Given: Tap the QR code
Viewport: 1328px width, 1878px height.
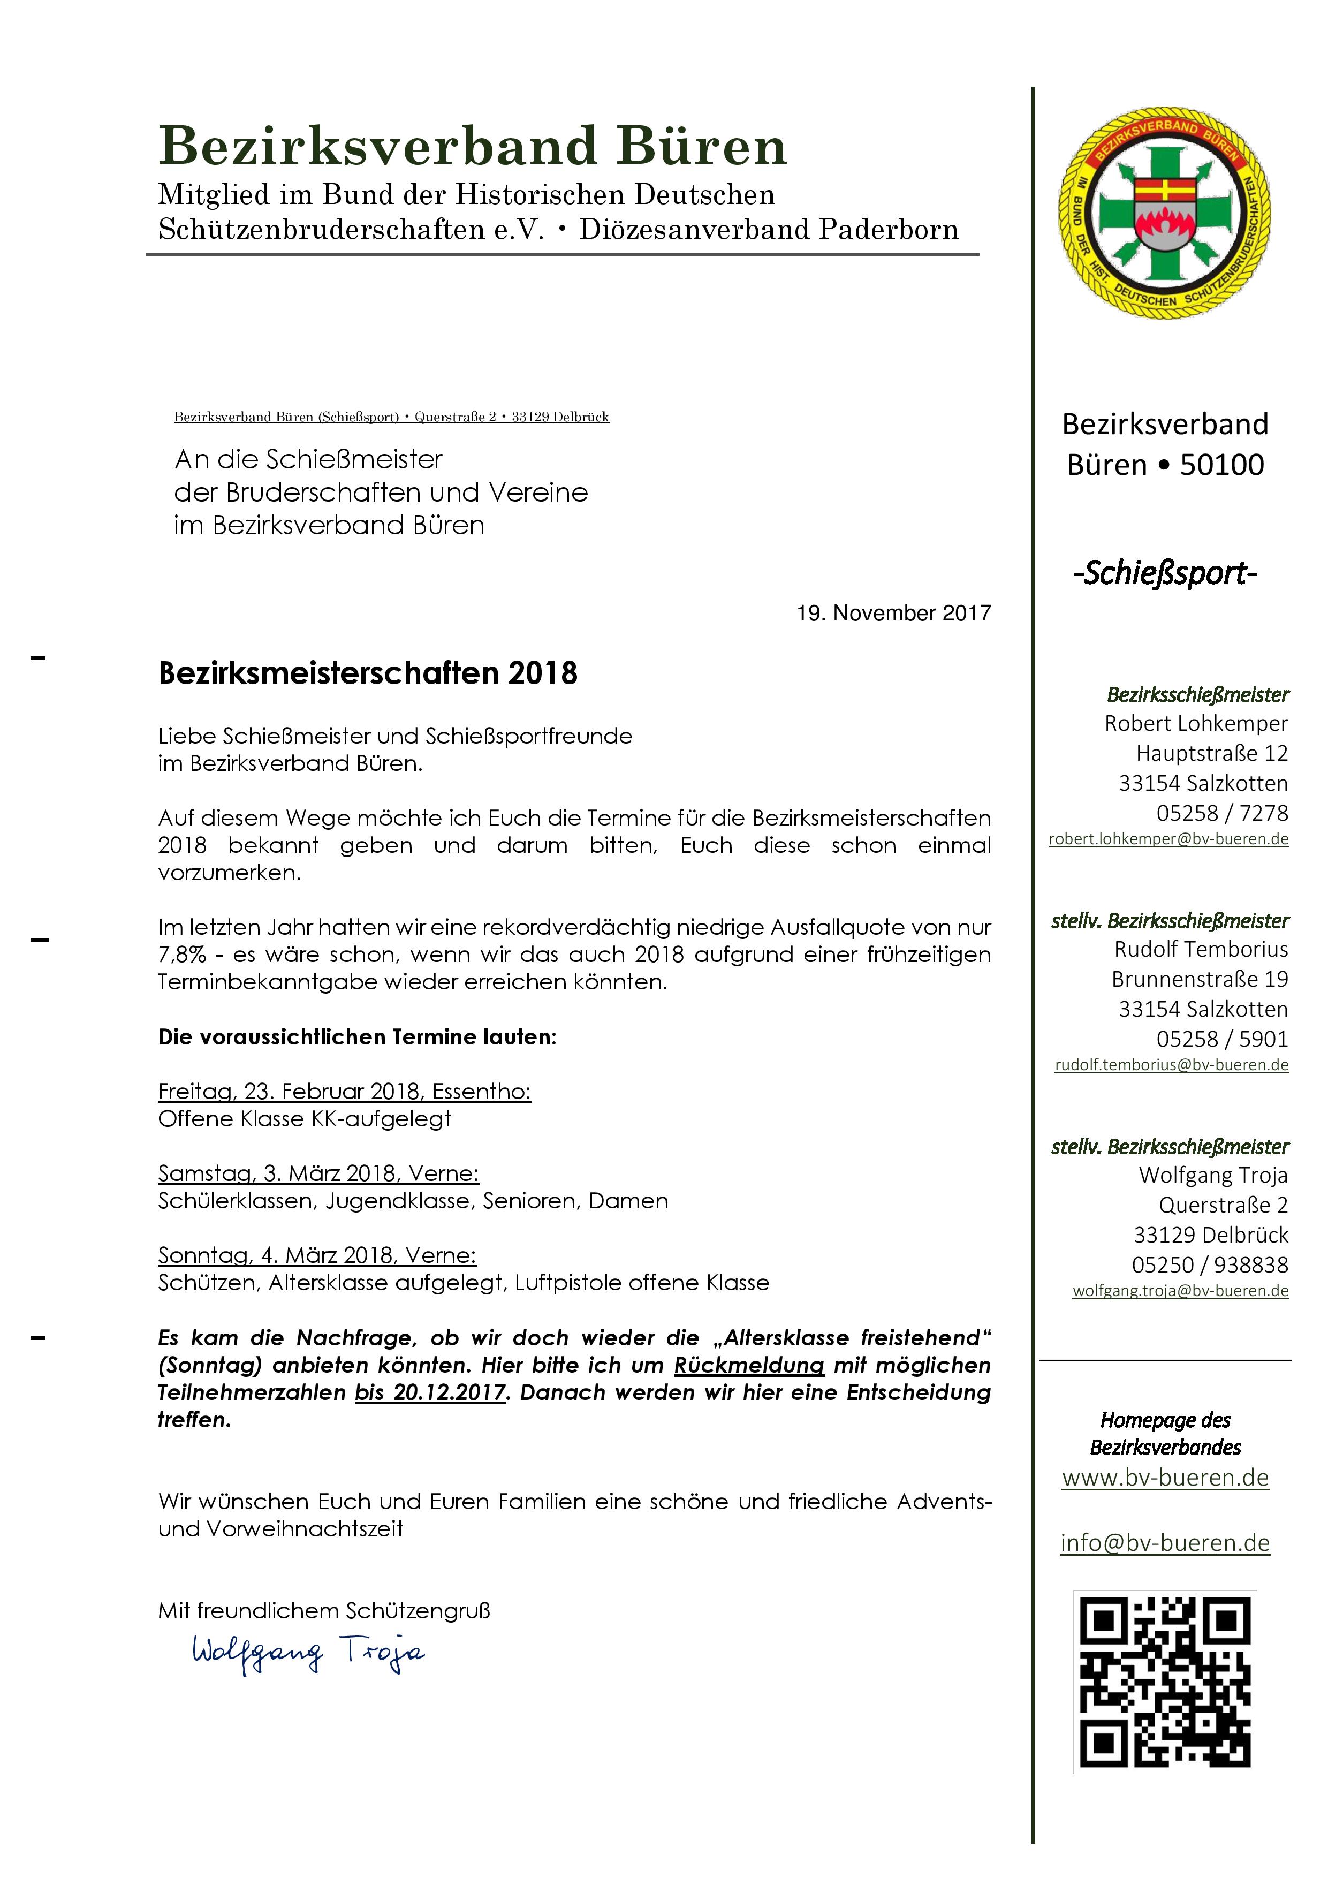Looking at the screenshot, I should tap(1164, 1683).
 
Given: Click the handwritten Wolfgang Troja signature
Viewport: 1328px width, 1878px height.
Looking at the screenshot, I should tap(308, 1653).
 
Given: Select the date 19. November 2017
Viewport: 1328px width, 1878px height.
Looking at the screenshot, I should tap(894, 614).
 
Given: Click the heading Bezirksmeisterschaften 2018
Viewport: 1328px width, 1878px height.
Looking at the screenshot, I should tap(368, 673).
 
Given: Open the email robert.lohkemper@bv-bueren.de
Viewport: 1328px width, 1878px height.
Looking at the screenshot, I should tap(1168, 839).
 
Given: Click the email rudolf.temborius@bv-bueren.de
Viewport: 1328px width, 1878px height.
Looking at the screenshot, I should tap(1171, 1065).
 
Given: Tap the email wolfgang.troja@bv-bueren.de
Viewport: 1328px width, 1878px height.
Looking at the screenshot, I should tap(1180, 1291).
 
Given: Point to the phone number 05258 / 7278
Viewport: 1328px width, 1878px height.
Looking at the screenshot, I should tap(1221, 813).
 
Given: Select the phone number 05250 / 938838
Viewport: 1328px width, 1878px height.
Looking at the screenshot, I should tap(1209, 1264).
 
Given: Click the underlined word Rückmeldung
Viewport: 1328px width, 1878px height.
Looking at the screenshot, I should tap(749, 1365).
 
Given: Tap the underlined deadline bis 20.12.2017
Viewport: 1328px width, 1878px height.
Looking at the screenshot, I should tap(430, 1392).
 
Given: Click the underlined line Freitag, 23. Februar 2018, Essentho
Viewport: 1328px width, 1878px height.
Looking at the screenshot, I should tap(344, 1092).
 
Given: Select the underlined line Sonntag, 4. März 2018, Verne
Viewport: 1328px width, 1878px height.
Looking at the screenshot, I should tap(317, 1255).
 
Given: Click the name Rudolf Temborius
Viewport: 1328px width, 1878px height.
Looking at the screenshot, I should tap(1201, 950).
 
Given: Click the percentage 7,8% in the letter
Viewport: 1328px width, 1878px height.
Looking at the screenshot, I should tap(183, 955).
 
